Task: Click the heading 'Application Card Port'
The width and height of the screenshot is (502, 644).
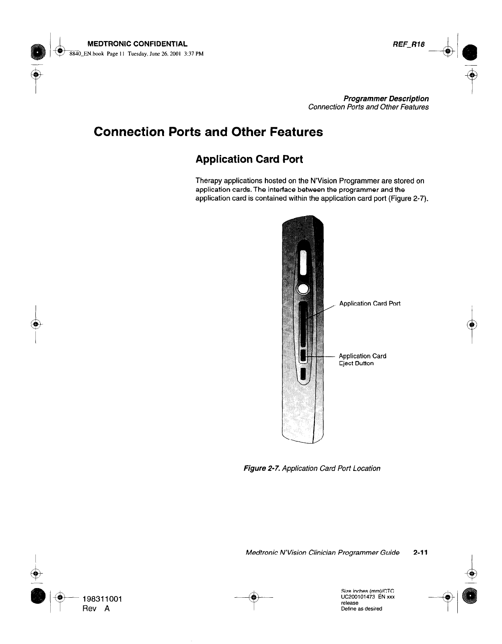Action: click(249, 159)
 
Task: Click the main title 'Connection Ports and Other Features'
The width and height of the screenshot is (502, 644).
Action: click(208, 132)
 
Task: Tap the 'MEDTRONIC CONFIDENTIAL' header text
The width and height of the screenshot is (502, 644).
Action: click(137, 44)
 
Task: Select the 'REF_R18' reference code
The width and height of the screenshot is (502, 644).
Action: click(409, 44)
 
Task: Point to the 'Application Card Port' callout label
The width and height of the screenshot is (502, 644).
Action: click(370, 303)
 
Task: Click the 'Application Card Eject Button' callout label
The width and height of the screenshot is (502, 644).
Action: click(362, 359)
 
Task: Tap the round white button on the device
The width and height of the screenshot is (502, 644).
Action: click(303, 289)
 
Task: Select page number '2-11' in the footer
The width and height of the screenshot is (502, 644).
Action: click(420, 553)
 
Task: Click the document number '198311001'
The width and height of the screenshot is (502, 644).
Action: click(102, 599)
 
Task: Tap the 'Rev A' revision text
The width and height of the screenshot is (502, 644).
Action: click(96, 609)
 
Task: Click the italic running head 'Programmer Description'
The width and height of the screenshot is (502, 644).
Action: click(386, 99)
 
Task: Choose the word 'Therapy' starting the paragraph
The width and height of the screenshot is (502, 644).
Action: click(208, 181)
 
